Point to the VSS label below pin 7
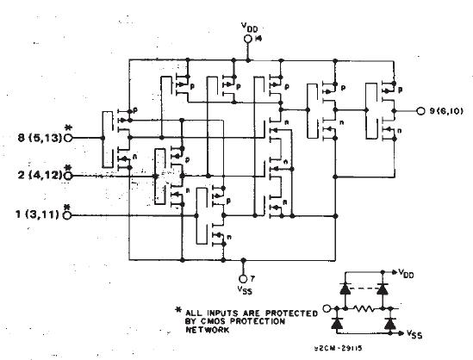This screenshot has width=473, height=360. click(245, 290)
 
